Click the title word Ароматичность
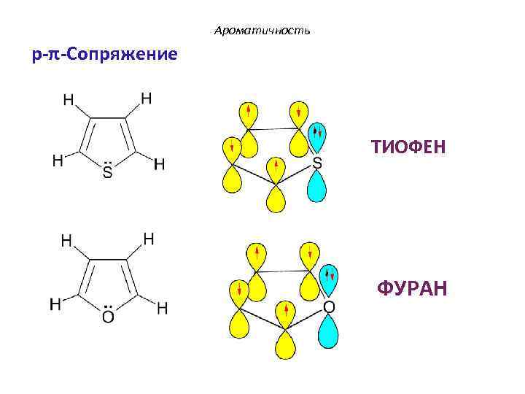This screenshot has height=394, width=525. pyautogui.click(x=262, y=31)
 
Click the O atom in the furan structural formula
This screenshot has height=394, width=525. pyautogui.click(x=108, y=317)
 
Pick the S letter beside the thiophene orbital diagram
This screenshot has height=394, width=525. pyautogui.click(x=317, y=165)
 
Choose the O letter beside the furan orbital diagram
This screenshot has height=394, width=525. pyautogui.click(x=329, y=308)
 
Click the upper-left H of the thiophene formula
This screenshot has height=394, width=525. pyautogui.click(x=68, y=101)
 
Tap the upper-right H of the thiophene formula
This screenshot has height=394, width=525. pyautogui.click(x=147, y=98)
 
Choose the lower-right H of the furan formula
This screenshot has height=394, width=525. pyautogui.click(x=162, y=309)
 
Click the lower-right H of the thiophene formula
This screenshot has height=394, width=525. pyautogui.click(x=159, y=165)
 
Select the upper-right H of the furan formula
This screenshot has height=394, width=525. pyautogui.click(x=148, y=239)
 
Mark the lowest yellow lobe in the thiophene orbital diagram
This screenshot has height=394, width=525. pyautogui.click(x=276, y=198)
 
